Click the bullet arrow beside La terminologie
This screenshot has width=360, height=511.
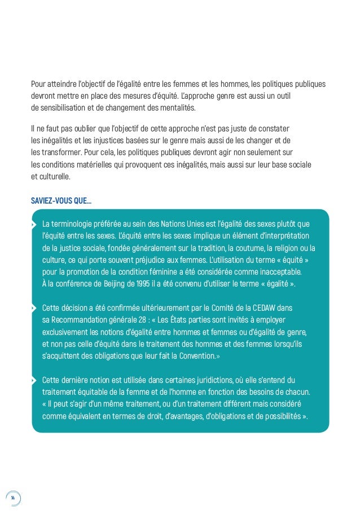[x=33, y=223]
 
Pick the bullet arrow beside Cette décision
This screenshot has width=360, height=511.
[x=33, y=309]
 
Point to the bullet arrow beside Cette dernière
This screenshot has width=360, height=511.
[x=33, y=380]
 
